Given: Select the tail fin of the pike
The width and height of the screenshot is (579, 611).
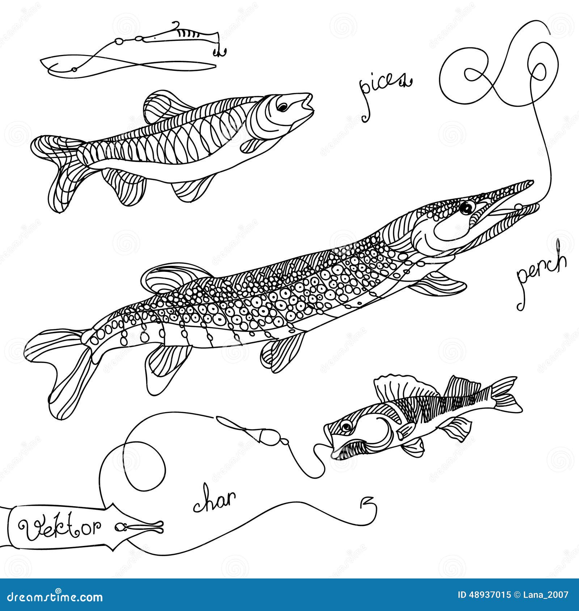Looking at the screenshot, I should (x=62, y=365).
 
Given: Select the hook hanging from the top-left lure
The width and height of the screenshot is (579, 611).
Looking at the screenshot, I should (x=220, y=52).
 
